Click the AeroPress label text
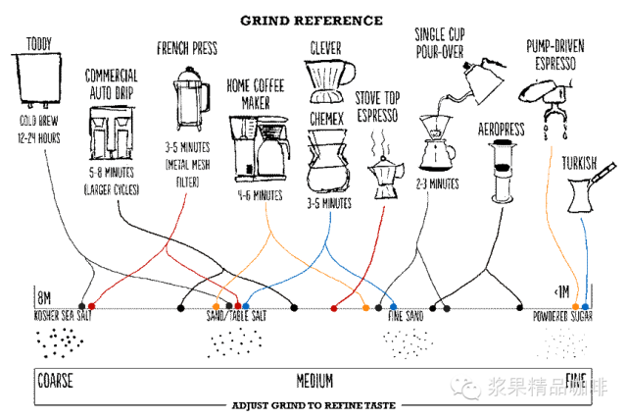click(499, 130)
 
